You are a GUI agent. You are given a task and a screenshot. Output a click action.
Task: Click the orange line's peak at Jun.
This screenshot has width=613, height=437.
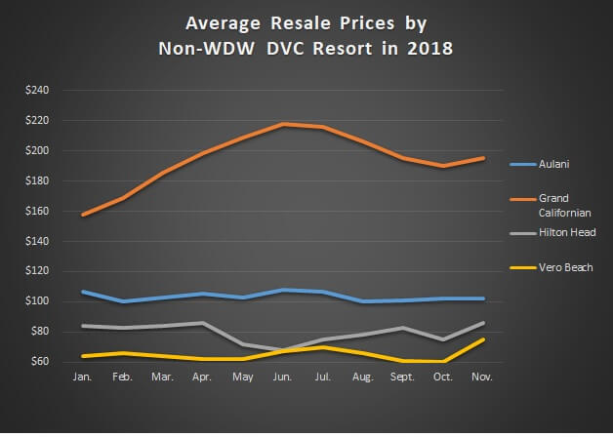(x=282, y=124)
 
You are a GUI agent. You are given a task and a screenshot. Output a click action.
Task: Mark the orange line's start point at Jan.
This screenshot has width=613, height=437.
(x=84, y=215)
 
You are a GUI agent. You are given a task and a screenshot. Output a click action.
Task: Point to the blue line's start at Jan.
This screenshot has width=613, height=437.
(x=84, y=292)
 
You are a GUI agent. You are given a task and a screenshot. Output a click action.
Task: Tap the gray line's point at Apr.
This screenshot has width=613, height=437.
(x=203, y=323)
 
